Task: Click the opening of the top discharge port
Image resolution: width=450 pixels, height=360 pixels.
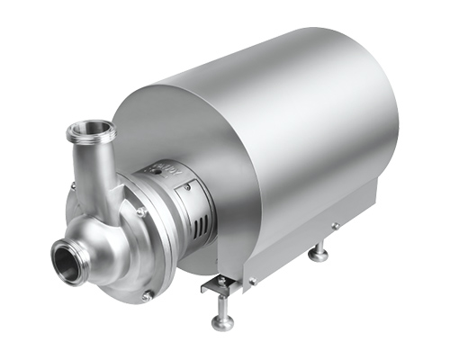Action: [x=90, y=130]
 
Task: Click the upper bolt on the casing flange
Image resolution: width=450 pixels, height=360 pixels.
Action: [x=141, y=212]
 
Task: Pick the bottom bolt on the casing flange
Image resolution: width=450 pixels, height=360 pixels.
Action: [x=146, y=293]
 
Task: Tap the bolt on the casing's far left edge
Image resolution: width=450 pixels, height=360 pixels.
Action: [x=74, y=186]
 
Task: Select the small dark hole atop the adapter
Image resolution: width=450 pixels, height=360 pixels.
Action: [x=159, y=168]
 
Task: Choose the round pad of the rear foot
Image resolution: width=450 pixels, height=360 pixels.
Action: [x=318, y=256]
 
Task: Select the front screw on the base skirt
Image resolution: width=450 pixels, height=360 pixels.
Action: [x=253, y=281]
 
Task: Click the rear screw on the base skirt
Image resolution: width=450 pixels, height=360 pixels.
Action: [x=334, y=226]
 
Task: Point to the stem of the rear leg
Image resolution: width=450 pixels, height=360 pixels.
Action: [x=318, y=247]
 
